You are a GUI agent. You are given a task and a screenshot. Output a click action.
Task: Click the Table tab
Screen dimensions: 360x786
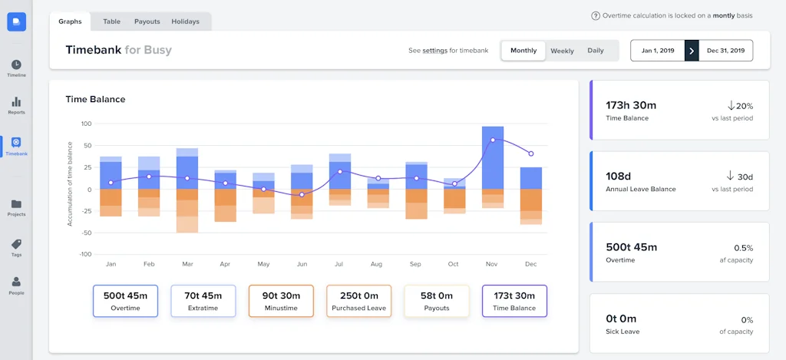111,21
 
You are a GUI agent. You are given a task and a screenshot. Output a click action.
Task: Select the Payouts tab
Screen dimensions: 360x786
147,21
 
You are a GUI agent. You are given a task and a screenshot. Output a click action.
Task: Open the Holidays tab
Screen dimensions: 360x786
187,21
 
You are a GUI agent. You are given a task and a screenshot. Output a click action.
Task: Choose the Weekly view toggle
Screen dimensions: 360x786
562,51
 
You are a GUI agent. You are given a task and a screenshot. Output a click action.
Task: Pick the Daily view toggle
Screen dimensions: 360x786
596,51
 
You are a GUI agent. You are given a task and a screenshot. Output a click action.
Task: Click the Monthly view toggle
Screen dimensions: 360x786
523,51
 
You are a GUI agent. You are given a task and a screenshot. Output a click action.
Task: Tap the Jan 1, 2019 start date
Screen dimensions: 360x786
658,51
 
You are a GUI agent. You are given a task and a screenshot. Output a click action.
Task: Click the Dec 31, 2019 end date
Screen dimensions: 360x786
726,51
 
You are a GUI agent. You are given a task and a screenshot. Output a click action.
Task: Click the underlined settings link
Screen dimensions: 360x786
435,51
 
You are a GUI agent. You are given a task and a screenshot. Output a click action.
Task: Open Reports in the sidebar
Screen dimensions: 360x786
16,105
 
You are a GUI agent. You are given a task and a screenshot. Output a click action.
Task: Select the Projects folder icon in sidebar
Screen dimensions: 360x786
16,207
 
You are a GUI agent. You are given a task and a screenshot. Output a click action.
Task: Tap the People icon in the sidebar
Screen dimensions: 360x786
16,286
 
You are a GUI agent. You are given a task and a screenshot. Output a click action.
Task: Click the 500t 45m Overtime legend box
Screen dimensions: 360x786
125,301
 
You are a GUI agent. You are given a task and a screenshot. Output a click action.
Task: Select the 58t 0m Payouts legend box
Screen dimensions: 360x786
436,301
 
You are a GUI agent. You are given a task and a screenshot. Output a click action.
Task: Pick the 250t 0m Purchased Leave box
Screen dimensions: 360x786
358,301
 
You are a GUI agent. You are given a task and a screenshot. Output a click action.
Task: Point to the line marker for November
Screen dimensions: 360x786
493,140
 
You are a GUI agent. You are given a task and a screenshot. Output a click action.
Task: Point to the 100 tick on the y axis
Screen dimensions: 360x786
86,124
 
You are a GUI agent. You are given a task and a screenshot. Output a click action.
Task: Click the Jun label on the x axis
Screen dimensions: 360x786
302,264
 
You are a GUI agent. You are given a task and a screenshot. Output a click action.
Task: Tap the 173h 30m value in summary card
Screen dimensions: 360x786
631,105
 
